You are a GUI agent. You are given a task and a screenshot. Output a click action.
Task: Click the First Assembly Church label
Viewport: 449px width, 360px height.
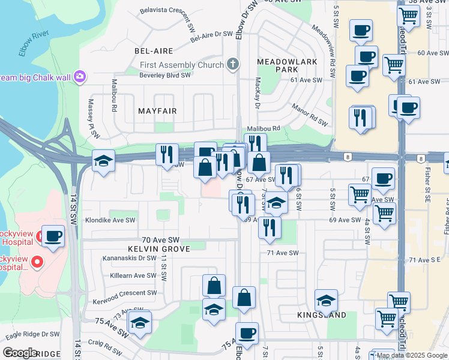181,65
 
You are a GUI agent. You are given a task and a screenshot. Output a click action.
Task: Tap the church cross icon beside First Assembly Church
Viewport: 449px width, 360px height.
233,64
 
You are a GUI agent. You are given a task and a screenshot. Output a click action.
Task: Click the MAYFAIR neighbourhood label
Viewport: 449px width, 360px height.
157,111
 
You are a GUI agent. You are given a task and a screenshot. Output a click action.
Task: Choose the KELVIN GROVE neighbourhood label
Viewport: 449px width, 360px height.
158,248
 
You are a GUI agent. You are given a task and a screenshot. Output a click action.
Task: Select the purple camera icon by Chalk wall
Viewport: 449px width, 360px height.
80,77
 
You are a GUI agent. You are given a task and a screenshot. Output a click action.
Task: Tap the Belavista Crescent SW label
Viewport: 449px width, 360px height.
167,11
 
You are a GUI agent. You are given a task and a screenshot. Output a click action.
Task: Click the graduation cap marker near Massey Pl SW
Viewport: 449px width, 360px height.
103,161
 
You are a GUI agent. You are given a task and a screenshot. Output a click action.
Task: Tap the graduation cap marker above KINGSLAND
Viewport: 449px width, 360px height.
326,300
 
